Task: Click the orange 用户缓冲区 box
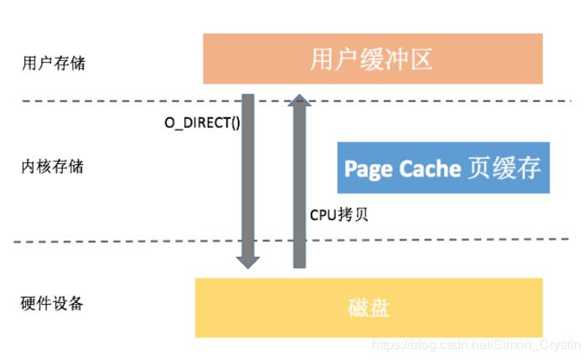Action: tap(373, 59)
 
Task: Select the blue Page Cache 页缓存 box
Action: tap(443, 167)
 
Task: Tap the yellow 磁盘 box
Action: tap(369, 307)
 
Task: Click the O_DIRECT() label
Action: tap(201, 122)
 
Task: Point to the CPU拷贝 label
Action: tap(339, 213)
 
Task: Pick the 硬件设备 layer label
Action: tap(52, 303)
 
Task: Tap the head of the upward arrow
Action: tap(299, 103)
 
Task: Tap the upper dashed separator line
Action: tap(126, 101)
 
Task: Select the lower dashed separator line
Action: tap(126, 243)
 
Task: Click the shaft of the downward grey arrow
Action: tap(248, 176)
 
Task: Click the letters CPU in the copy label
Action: tap(322, 213)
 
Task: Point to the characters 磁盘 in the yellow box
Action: tap(369, 307)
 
